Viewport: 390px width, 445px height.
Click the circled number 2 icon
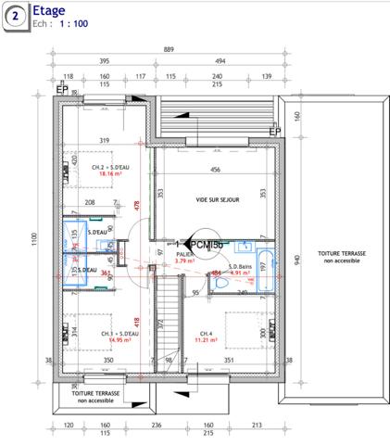(14, 16)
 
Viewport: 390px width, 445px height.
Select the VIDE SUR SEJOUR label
(217, 199)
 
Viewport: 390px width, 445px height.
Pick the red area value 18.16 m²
(104, 173)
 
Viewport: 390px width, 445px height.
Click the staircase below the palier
(166, 324)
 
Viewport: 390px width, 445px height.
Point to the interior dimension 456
(215, 170)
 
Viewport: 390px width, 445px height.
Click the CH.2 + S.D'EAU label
(105, 166)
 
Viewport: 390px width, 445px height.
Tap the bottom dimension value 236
(156, 425)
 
